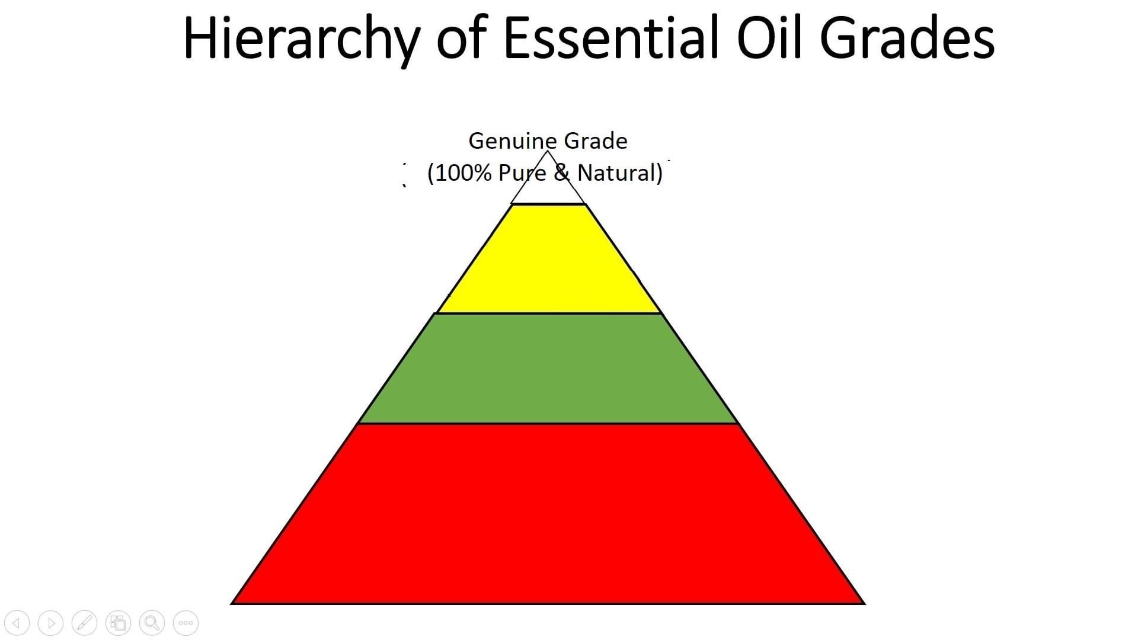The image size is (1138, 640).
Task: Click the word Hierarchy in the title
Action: click(x=302, y=39)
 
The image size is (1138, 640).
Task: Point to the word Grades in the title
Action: click(x=907, y=39)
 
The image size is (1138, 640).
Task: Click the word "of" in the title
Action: click(x=462, y=39)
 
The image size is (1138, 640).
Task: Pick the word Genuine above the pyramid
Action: click(x=513, y=141)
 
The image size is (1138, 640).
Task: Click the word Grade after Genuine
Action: click(x=595, y=141)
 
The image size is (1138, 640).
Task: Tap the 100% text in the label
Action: click(x=464, y=173)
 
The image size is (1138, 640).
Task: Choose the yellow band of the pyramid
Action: click(x=548, y=261)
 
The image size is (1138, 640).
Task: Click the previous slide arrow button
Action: click(x=17, y=623)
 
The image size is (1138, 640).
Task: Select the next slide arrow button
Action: click(x=51, y=623)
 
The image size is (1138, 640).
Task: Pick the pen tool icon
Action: click(x=85, y=623)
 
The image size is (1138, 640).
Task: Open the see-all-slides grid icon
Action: click(x=119, y=623)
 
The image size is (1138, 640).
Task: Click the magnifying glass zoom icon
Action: click(x=152, y=623)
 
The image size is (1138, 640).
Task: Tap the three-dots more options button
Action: click(x=186, y=623)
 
